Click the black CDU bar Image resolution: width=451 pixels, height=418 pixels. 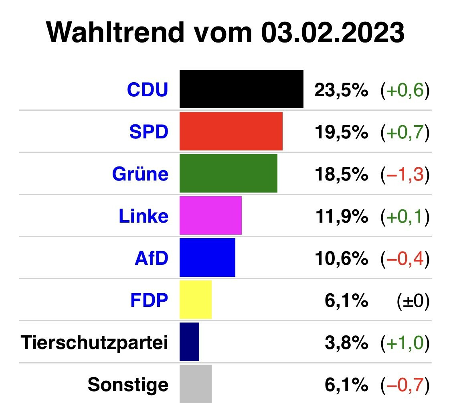(241, 89)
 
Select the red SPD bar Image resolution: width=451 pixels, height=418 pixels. (231, 131)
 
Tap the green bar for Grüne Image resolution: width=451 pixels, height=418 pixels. (229, 173)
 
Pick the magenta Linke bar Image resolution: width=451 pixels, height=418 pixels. (210, 215)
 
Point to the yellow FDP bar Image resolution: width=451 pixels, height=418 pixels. (196, 300)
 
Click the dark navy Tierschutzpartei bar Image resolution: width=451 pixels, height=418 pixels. (189, 342)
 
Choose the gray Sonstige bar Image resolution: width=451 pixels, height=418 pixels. (196, 384)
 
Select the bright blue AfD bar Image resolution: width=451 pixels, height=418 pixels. (207, 258)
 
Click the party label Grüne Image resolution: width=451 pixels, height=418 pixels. (140, 174)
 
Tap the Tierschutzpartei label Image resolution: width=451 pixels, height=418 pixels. (95, 343)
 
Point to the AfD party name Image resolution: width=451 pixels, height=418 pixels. (152, 258)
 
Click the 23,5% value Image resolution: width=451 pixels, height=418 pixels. (341, 91)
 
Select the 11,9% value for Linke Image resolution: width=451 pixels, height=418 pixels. (341, 217)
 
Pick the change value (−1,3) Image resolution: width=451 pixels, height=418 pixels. (405, 175)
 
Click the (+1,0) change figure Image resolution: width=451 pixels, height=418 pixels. (405, 343)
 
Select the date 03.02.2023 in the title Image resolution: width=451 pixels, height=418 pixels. (332, 32)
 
